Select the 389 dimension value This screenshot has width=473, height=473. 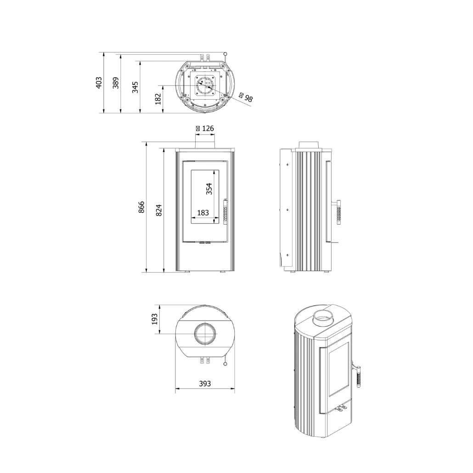point(116,83)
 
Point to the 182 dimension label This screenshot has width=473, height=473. point(158,99)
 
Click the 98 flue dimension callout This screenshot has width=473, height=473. point(246,97)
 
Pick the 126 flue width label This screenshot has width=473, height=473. point(205,129)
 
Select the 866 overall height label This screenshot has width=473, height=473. point(141,207)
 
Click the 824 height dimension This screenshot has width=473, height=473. point(159,209)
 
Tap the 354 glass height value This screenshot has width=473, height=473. point(209,189)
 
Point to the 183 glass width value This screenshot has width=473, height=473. point(203,213)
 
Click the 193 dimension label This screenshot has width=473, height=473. point(154,319)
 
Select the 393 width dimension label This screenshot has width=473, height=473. point(205,384)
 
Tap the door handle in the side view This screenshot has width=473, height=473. point(339,212)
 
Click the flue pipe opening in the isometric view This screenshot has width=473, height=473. point(326,317)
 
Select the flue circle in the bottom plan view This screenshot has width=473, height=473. point(205,334)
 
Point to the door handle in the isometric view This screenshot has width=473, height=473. point(360,374)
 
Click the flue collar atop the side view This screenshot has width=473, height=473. point(311,145)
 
